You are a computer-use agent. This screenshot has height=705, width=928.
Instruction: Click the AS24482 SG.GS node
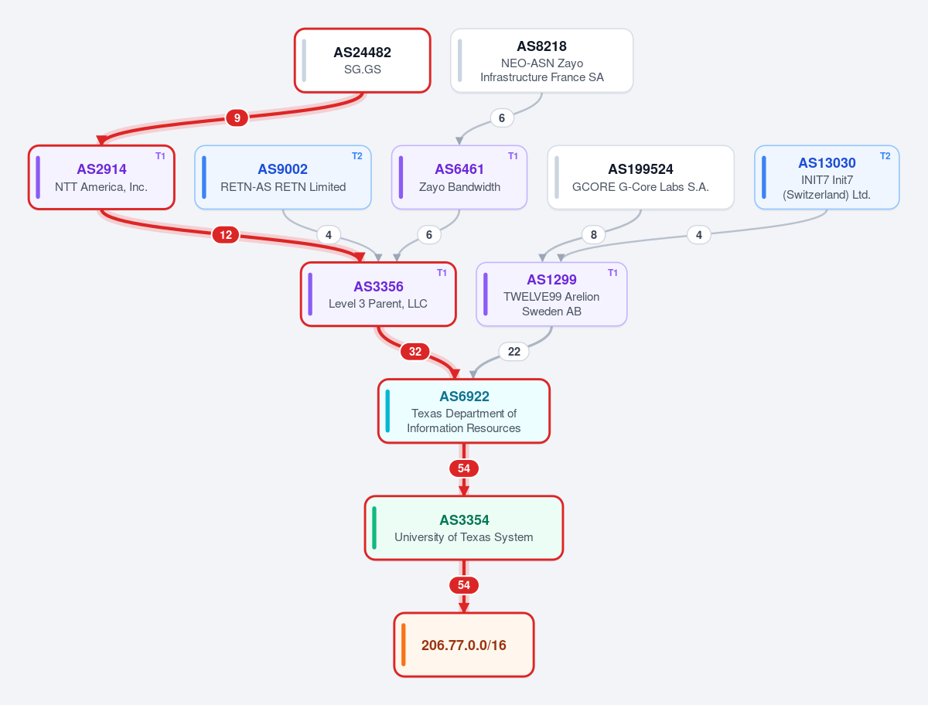click(363, 60)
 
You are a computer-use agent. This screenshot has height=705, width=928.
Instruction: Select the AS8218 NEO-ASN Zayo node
click(541, 60)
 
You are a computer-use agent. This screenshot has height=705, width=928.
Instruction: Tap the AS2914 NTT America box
click(101, 178)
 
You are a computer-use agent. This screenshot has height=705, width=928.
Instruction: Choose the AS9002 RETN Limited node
click(283, 178)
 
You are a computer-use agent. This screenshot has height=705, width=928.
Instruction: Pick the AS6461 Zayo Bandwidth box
click(459, 178)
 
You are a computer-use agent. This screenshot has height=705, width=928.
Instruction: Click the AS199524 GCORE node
click(640, 178)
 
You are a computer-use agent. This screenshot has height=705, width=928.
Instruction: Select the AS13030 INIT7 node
click(827, 178)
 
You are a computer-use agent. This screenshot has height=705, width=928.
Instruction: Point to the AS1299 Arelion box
click(551, 295)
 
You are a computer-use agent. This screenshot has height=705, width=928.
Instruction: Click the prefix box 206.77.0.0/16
click(464, 645)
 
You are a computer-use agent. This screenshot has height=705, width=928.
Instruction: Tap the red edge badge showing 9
click(237, 117)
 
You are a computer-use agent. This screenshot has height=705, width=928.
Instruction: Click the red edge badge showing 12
click(226, 235)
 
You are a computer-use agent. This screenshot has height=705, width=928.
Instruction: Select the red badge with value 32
click(415, 352)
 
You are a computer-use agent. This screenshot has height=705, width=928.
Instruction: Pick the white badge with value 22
click(513, 352)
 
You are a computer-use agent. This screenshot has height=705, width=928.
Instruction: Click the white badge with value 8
click(594, 235)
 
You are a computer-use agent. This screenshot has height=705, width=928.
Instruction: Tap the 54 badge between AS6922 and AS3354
click(464, 468)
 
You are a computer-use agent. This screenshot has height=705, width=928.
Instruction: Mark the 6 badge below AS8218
click(502, 117)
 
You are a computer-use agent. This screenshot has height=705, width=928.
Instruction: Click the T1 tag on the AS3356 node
click(442, 273)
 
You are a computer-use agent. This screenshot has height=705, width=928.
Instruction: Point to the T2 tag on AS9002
click(357, 156)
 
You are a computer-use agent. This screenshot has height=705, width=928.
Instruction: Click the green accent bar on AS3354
click(374, 528)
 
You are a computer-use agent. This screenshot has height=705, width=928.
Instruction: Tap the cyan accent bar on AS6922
click(387, 411)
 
